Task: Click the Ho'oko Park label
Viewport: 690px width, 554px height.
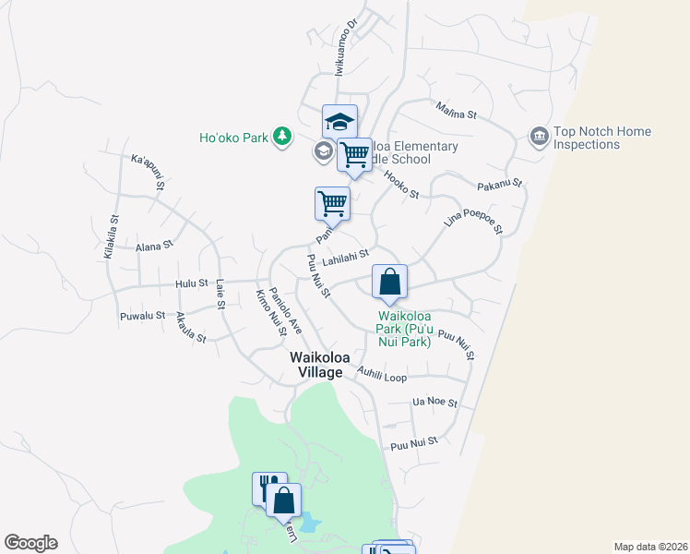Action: tap(233, 138)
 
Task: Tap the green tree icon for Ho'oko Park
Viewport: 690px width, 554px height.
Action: tap(281, 138)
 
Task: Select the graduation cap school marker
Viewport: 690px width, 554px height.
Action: tap(339, 121)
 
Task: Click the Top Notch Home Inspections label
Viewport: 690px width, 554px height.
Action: tap(601, 138)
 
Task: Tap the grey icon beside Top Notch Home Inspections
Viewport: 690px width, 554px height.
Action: tap(539, 138)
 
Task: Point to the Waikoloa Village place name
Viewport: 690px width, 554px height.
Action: tap(316, 365)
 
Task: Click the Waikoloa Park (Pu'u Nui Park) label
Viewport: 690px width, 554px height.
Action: tap(405, 334)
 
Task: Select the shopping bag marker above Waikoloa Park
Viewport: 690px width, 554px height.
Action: tap(389, 282)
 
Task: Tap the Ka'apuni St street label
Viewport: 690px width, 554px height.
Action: tap(148, 172)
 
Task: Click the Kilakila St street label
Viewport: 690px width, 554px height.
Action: tap(112, 237)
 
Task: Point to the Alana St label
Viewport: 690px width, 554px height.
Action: tap(154, 247)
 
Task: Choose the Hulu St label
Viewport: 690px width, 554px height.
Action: tap(187, 283)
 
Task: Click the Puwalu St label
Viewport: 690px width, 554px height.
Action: tap(142, 317)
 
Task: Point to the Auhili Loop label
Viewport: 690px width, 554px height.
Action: tap(381, 377)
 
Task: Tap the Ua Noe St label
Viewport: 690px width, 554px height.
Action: tap(435, 402)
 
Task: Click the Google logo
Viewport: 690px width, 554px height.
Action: tap(30, 543)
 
